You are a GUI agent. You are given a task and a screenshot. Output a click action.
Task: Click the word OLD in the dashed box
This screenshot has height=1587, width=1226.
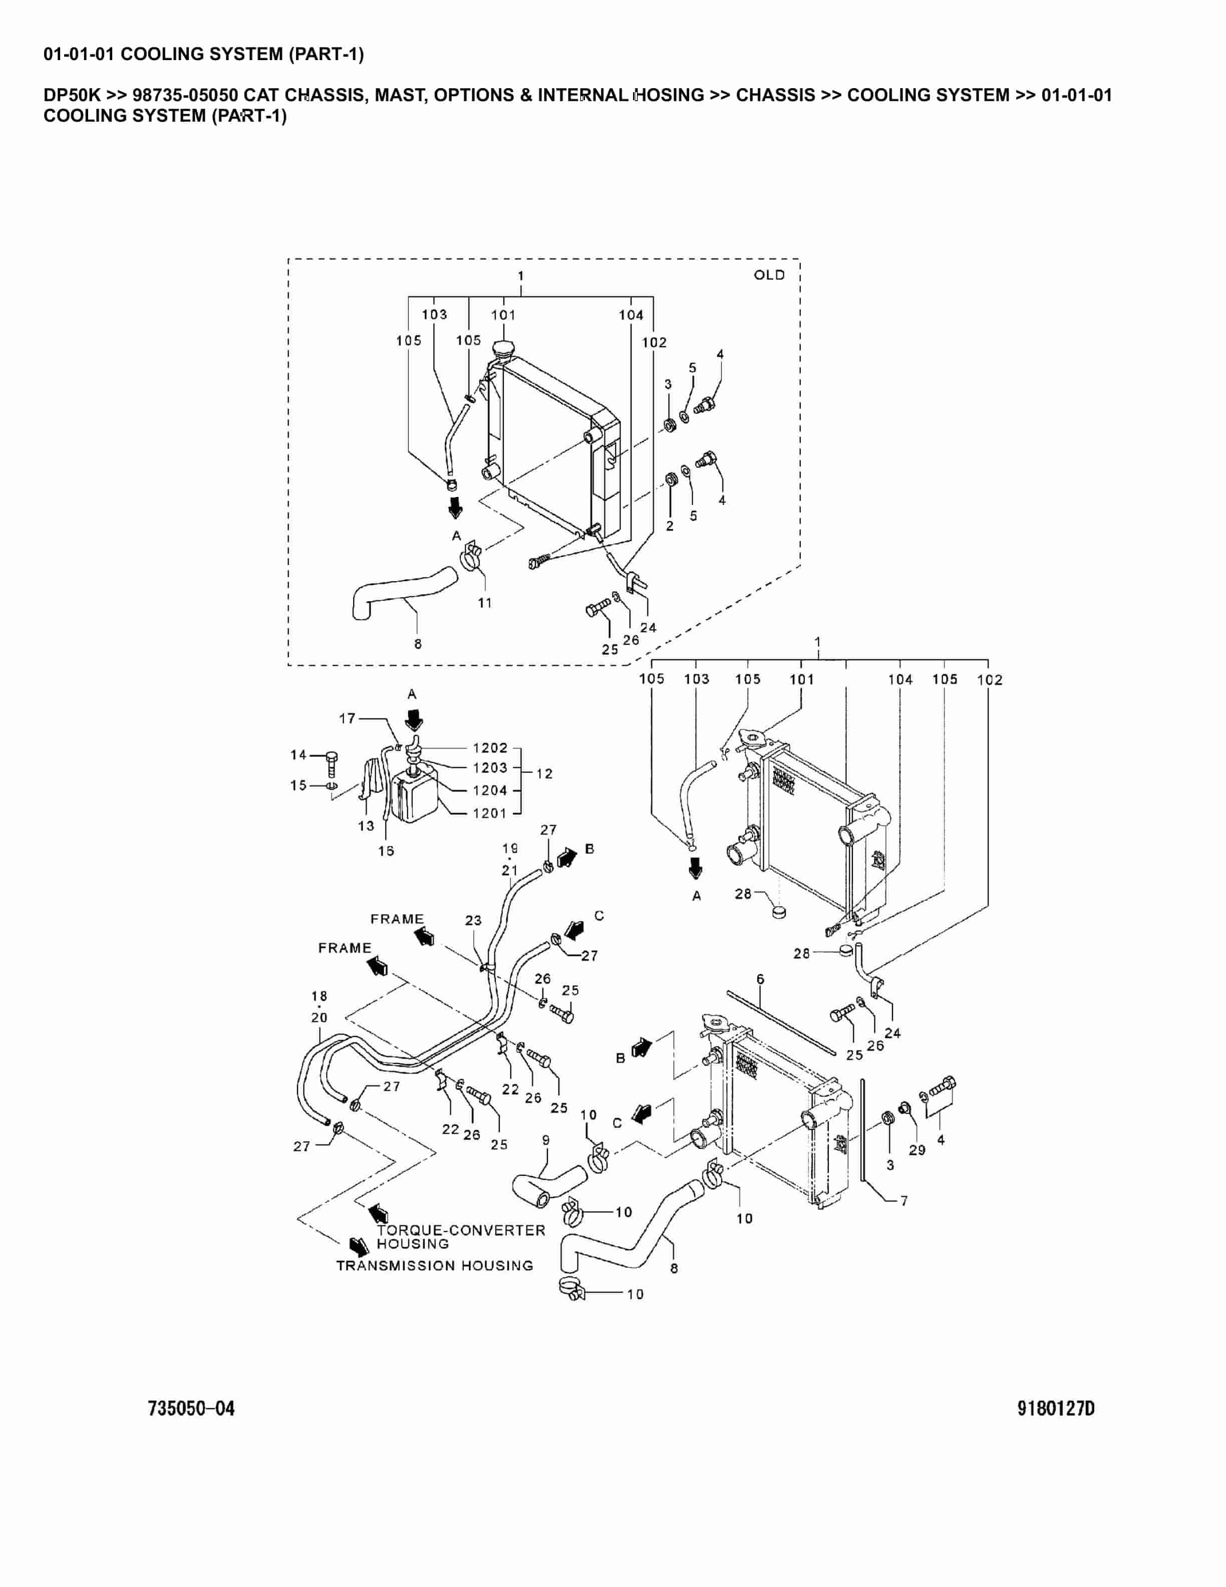coord(769,275)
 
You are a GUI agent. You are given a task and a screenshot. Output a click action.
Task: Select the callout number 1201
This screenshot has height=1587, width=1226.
coord(489,813)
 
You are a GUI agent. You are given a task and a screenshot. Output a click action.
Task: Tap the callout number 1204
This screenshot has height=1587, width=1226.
coord(489,790)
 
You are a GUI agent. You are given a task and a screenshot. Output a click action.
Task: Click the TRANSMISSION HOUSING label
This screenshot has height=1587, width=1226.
coord(434,1265)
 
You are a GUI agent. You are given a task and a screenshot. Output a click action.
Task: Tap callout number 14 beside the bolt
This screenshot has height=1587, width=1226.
coord(298,755)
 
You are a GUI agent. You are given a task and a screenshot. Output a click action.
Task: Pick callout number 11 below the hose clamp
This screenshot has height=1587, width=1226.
coord(484,603)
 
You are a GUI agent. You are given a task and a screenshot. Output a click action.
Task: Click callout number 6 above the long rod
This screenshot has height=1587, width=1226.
coord(760,979)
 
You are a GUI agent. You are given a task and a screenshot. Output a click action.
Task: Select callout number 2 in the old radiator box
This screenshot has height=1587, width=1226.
coord(670,525)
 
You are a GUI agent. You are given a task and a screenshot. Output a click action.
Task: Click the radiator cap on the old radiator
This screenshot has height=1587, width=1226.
coord(503,350)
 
